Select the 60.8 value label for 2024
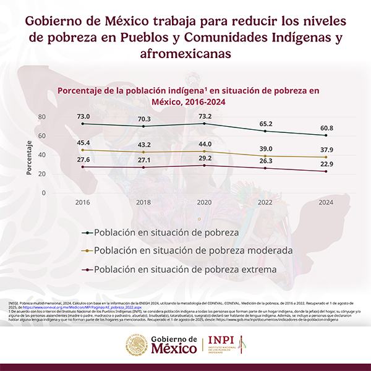tap(325, 128)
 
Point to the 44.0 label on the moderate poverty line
tap(204, 144)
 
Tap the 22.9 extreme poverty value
tap(325, 164)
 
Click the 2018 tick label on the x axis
tap(143, 202)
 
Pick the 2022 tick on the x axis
tap(265, 202)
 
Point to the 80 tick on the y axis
tap(42, 117)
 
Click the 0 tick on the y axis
tap(44, 192)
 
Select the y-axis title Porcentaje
tap(29, 158)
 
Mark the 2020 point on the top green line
tap(204, 124)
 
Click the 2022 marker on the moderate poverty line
tap(265, 156)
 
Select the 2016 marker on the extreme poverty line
tap(83, 167)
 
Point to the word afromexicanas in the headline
tap(185, 54)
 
